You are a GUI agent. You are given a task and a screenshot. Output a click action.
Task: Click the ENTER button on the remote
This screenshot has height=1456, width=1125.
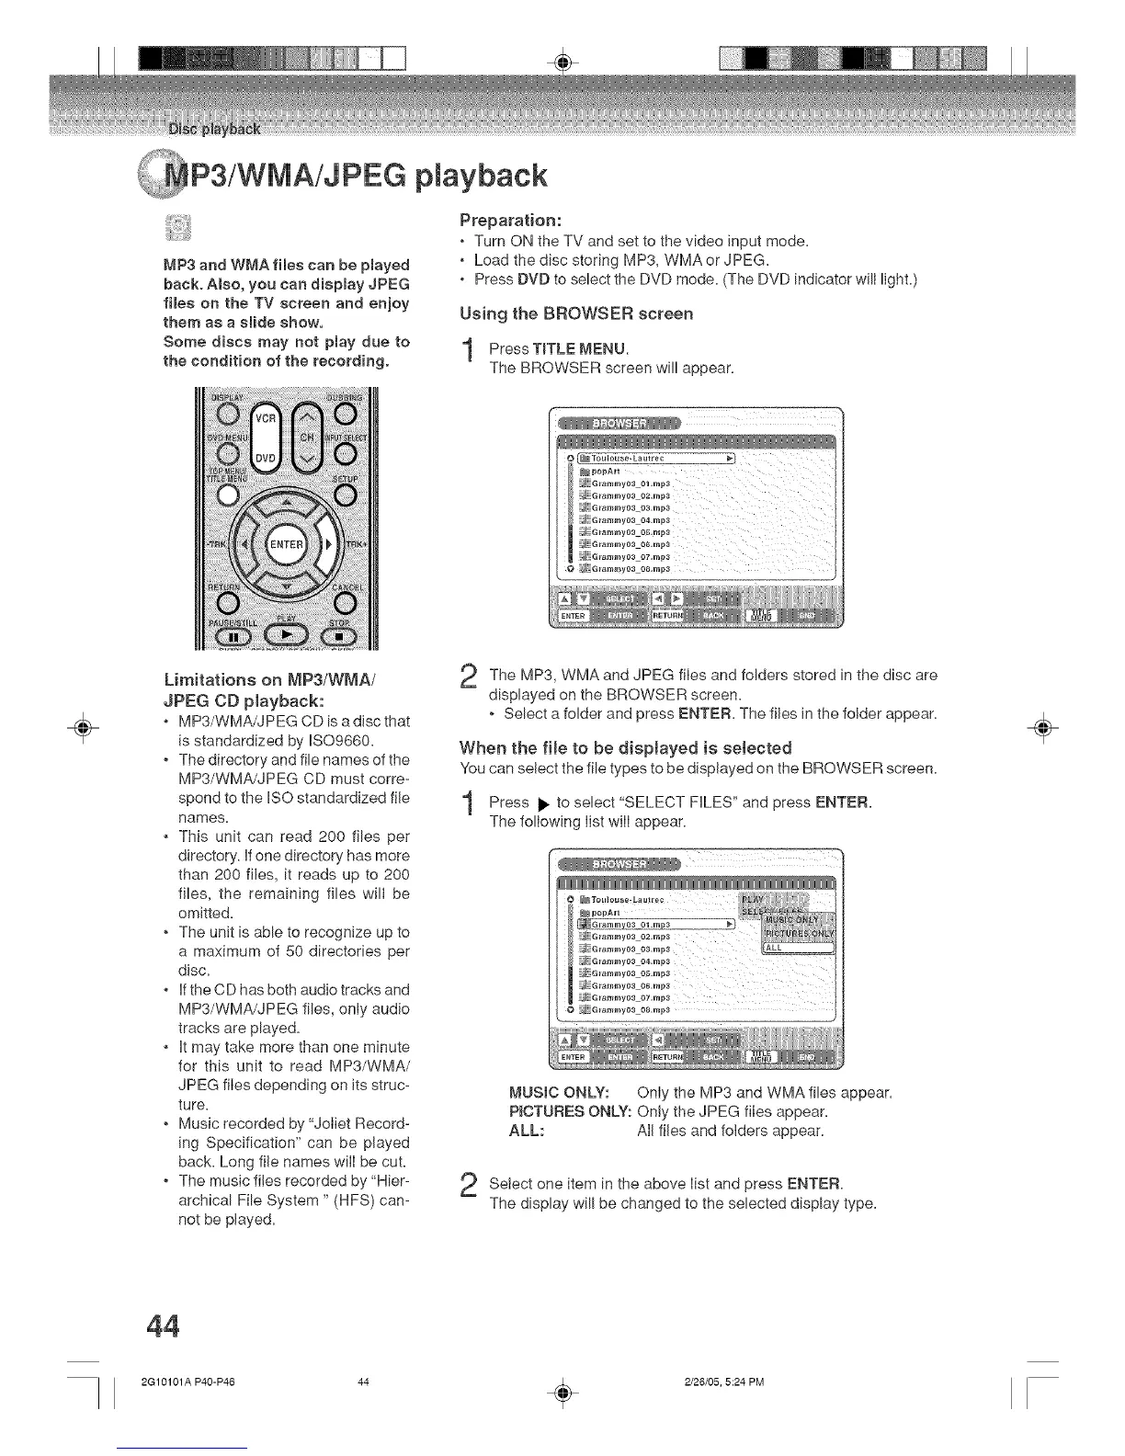coord(286,544)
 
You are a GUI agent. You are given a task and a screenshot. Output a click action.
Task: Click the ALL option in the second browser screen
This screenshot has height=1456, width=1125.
coord(797,950)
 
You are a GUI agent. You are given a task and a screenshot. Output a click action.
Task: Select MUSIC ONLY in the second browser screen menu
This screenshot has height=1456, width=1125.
coord(798,922)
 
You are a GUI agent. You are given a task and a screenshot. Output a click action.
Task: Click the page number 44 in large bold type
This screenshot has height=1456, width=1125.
coord(162,1325)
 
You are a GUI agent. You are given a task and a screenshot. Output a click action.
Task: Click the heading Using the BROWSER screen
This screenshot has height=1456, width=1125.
coord(576,313)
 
